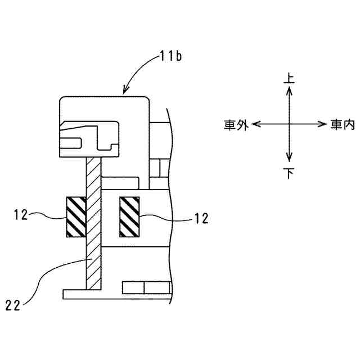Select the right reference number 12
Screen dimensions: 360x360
[x=201, y=219]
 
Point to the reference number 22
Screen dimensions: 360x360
[x=14, y=305]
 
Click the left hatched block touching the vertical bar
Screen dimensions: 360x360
[x=76, y=217]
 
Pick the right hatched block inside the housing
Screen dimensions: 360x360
[x=130, y=217]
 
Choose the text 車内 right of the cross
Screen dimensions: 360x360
[x=342, y=125]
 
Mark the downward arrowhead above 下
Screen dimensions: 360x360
[x=289, y=159]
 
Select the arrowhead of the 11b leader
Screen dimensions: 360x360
[x=125, y=89]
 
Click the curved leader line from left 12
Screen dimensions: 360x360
[x=48, y=214]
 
